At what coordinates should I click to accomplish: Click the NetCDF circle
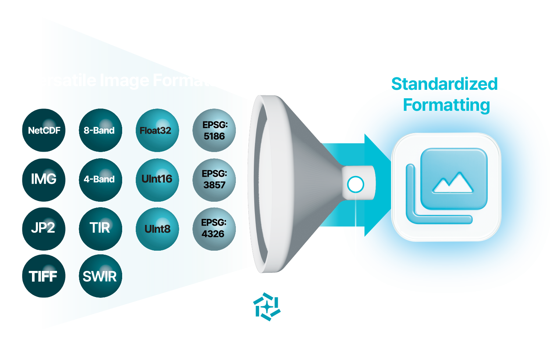(x=44, y=130)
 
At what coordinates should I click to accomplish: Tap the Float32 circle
(x=157, y=130)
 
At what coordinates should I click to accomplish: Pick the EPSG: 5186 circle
(x=214, y=130)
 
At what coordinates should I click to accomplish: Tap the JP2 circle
(x=44, y=229)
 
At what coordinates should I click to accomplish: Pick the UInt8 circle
(x=157, y=229)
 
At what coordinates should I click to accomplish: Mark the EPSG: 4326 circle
(x=214, y=229)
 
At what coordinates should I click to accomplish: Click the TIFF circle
(x=44, y=276)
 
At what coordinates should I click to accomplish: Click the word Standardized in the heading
(x=444, y=84)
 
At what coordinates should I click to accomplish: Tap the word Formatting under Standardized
(x=446, y=105)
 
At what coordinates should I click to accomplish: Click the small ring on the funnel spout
(x=355, y=184)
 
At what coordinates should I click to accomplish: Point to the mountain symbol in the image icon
(x=453, y=183)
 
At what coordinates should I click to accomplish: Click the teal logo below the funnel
(x=267, y=307)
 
